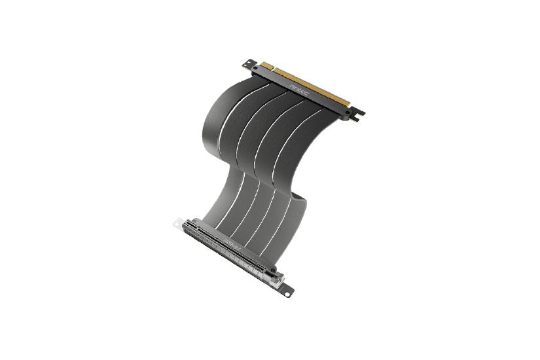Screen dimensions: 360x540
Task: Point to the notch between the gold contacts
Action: pos(274,69)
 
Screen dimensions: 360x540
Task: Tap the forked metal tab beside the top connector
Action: pos(358,117)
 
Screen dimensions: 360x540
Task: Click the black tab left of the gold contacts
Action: pos(251,63)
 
